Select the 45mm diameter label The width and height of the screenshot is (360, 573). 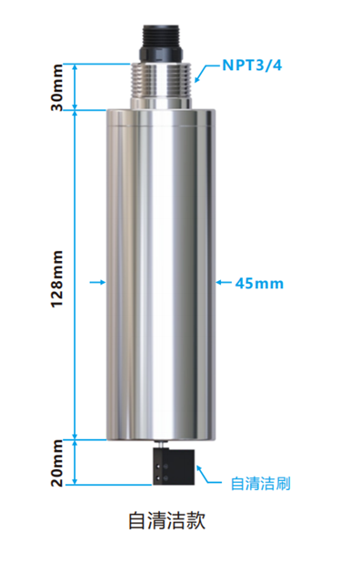[259, 283]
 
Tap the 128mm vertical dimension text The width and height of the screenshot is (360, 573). [56, 278]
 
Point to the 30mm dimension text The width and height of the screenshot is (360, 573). [56, 88]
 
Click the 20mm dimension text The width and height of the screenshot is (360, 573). [56, 463]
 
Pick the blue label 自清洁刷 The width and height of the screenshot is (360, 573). [259, 482]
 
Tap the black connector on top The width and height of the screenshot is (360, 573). [162, 42]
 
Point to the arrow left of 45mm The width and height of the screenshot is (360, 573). [223, 283]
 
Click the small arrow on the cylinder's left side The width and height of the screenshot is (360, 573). [100, 283]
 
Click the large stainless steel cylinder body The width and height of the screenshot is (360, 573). [162, 273]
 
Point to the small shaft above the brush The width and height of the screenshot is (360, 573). [162, 446]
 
